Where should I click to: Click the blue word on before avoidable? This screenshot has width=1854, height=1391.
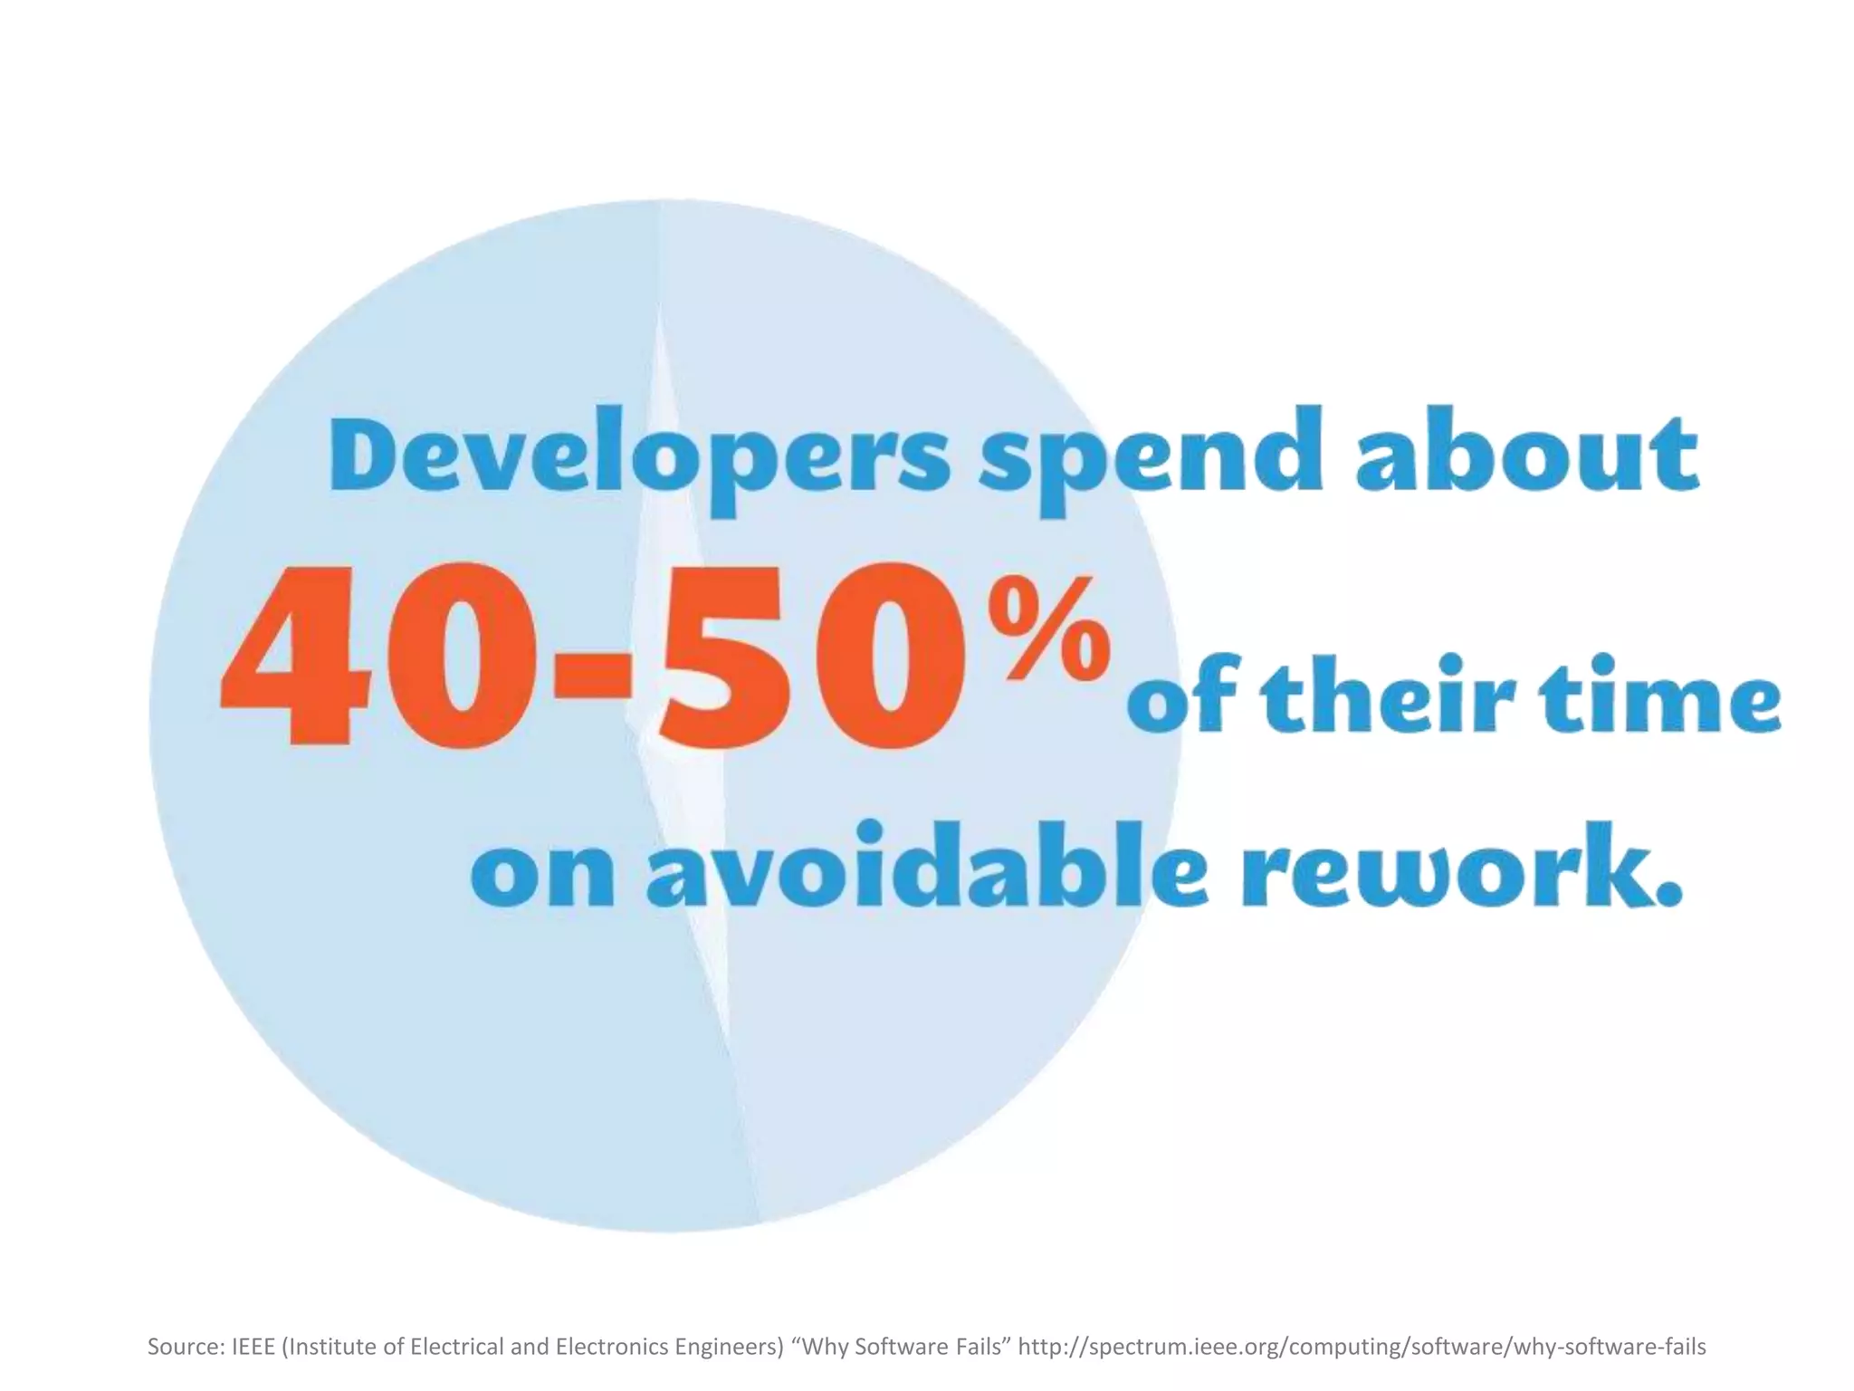pos(543,875)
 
